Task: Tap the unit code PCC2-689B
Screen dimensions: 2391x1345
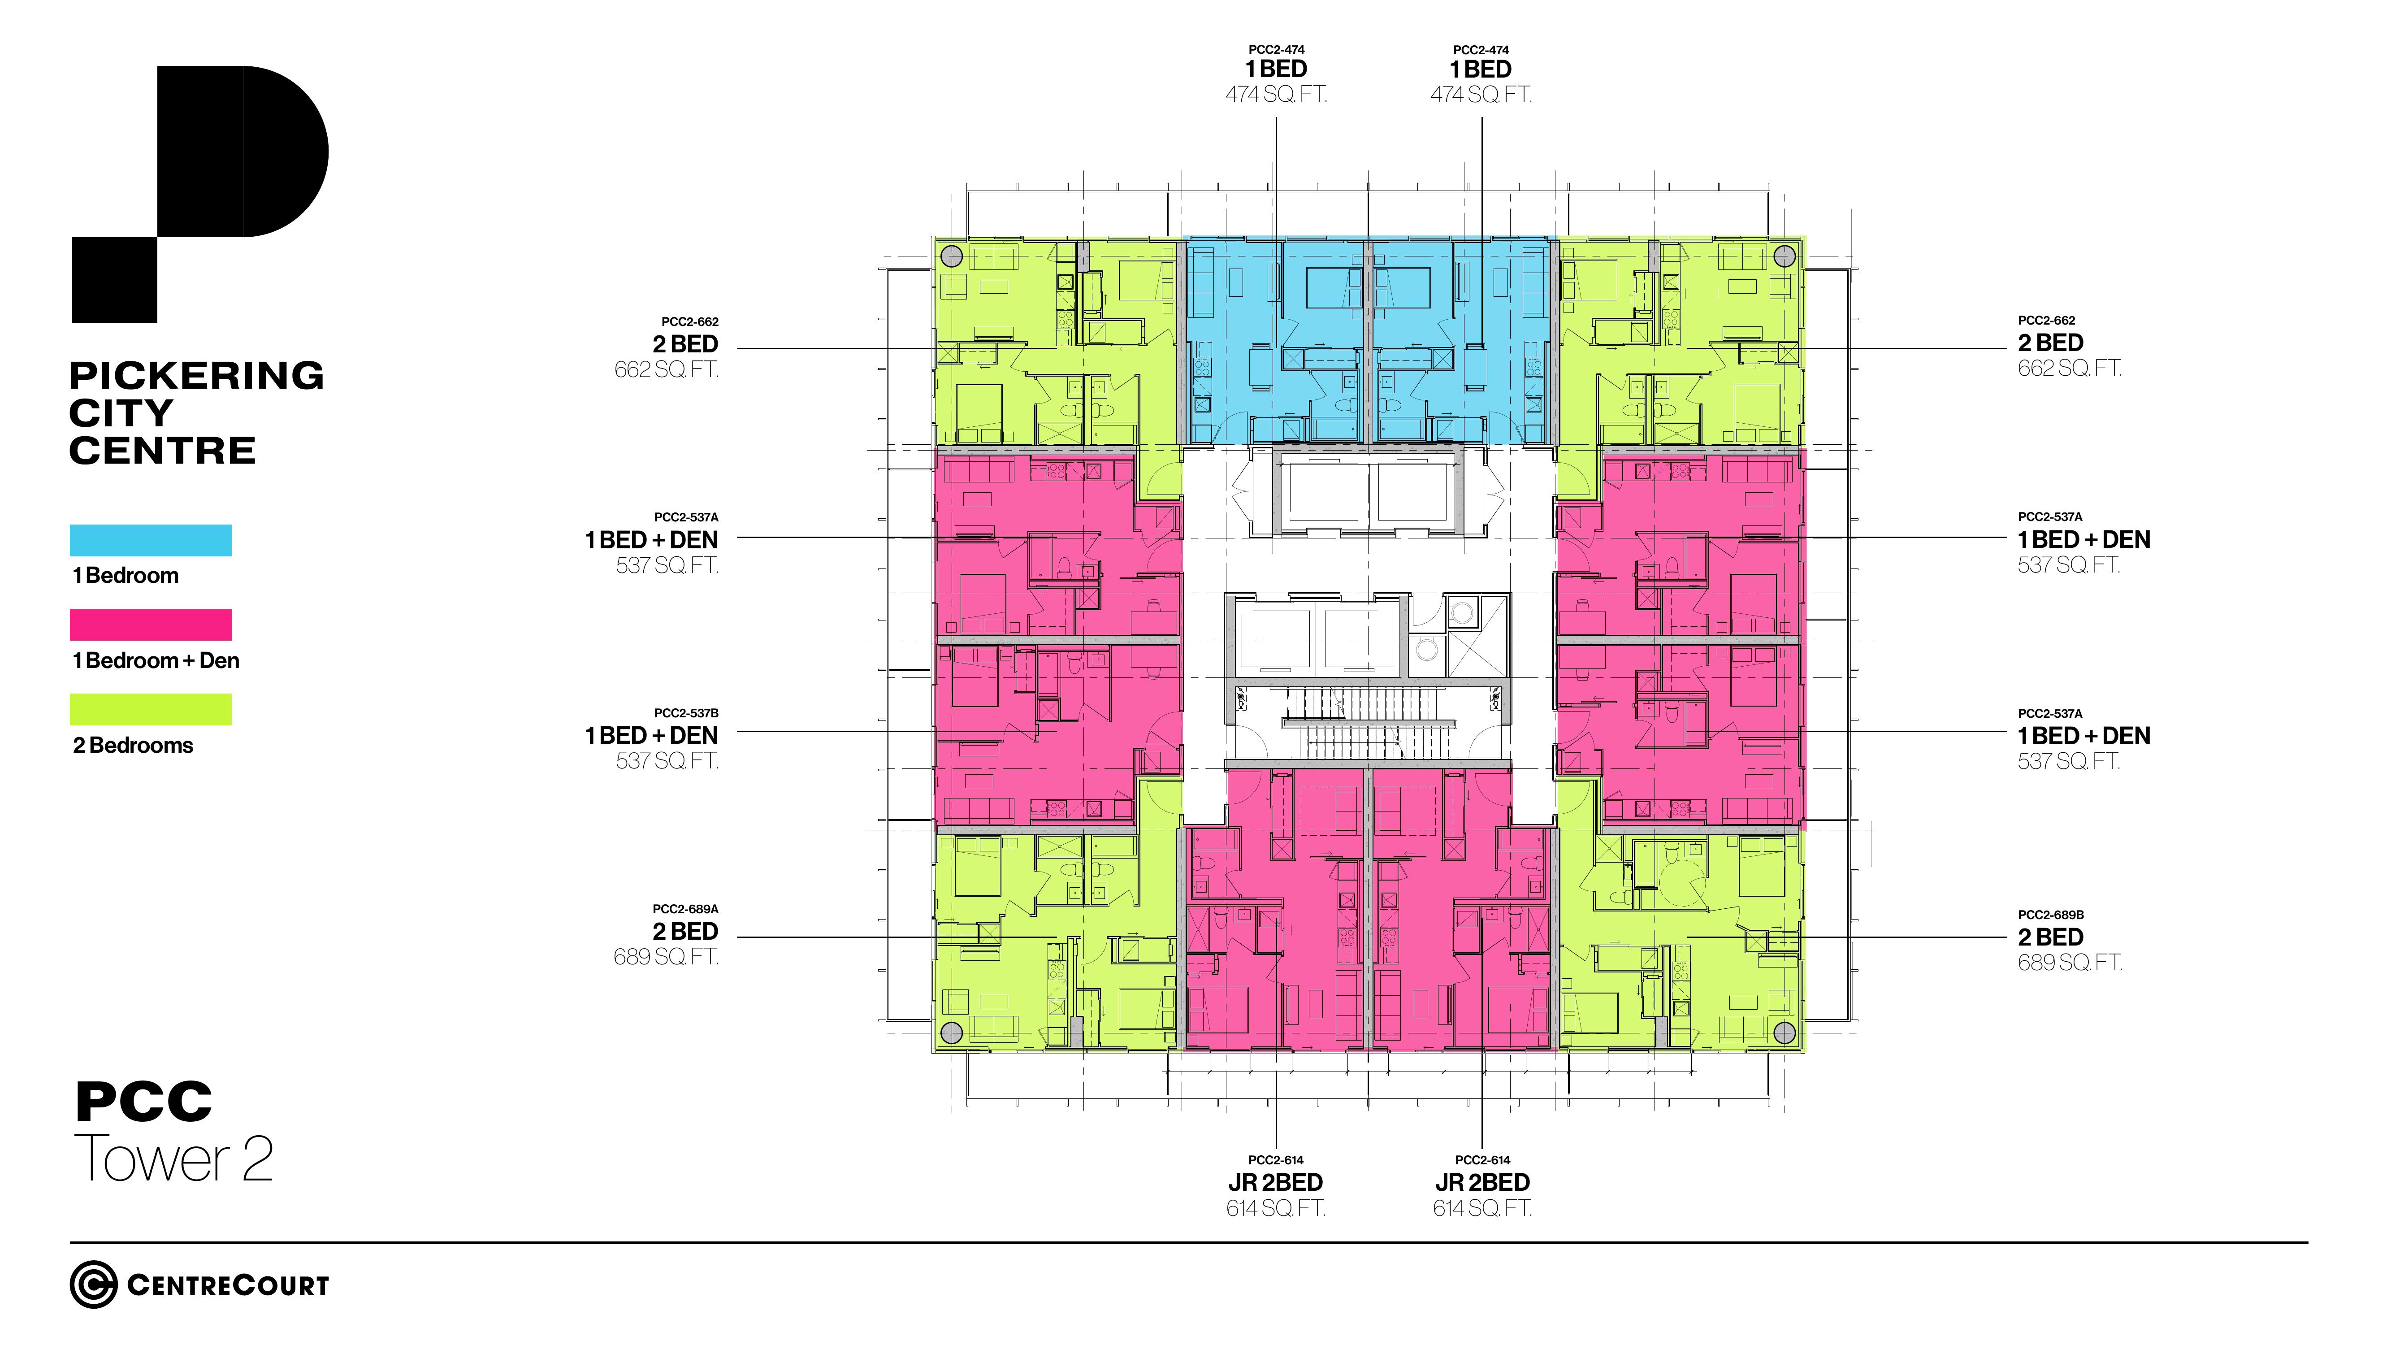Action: pos(2050,914)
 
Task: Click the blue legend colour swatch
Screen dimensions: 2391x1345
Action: pos(150,540)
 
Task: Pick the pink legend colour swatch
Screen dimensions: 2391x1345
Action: pos(150,625)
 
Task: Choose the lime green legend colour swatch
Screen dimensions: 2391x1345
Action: pos(150,709)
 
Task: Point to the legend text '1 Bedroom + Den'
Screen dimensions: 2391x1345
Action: pos(156,661)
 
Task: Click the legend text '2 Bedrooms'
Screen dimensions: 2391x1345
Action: pos(133,746)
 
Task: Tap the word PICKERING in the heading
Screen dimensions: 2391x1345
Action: pos(197,376)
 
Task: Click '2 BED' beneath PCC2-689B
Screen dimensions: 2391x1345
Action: pos(2050,937)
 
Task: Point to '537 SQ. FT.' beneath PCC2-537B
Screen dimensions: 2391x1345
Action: pos(667,761)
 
